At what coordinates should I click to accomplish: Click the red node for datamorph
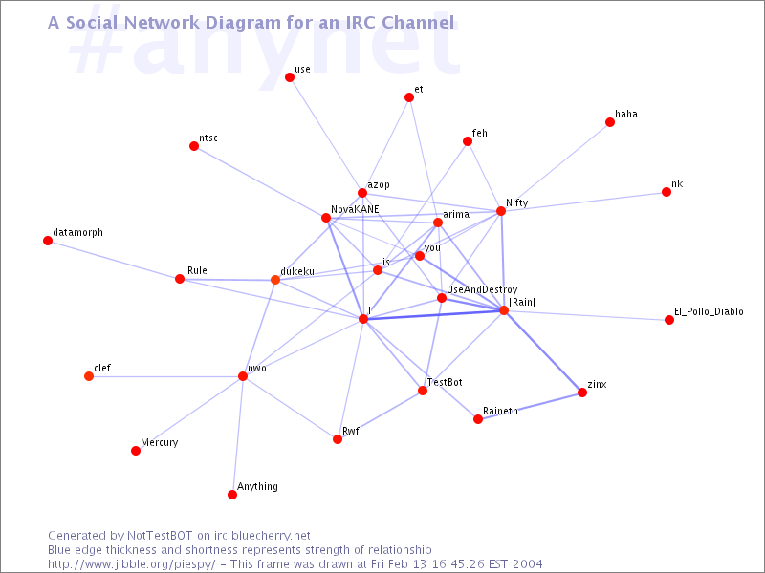tap(48, 241)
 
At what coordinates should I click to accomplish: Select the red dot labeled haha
tap(610, 122)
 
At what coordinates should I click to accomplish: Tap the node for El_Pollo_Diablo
tap(669, 320)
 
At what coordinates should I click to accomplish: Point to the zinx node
tap(582, 393)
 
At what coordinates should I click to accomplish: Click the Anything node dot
tap(232, 495)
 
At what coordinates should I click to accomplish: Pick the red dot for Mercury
tap(136, 451)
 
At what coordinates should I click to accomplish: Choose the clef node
tap(89, 376)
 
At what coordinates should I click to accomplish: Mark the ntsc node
tap(194, 146)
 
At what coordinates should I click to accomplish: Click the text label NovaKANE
tap(355, 209)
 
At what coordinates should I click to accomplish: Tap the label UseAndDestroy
tap(482, 290)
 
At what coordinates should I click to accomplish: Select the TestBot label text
tap(445, 383)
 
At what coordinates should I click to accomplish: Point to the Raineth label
tap(500, 411)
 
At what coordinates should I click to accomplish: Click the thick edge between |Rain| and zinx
tap(543, 351)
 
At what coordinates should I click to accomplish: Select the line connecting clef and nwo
tap(165, 376)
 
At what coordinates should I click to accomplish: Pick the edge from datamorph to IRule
tap(114, 260)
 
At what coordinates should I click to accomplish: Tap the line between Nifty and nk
tap(583, 202)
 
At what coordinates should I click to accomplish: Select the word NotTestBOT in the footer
tap(160, 536)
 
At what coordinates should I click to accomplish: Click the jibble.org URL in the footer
tap(131, 564)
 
